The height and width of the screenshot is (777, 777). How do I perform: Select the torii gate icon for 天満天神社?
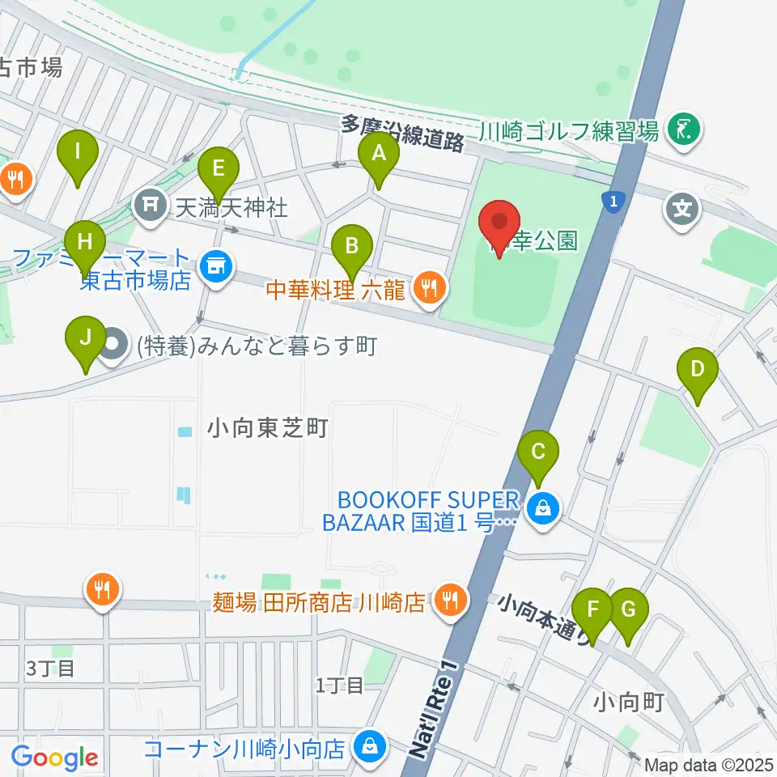coord(151,207)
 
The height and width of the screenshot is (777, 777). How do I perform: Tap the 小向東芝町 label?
coord(267,428)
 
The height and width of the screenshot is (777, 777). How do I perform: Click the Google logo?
coord(55,758)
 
